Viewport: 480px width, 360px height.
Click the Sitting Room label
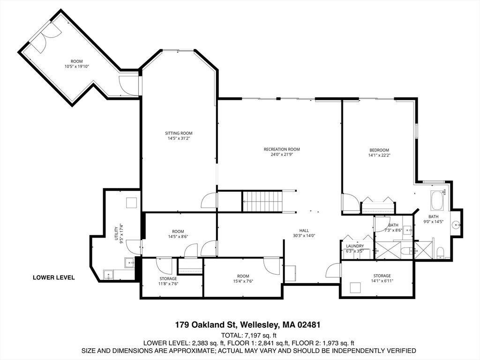click(x=179, y=133)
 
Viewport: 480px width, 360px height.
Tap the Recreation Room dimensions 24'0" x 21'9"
click(x=282, y=155)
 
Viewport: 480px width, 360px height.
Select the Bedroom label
click(x=379, y=150)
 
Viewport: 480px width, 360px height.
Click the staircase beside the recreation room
click(x=262, y=201)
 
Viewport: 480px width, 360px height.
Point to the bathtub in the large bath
click(x=436, y=201)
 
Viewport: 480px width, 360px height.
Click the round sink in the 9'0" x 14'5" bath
click(x=457, y=225)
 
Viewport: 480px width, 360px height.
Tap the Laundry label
click(x=355, y=246)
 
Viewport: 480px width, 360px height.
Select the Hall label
click(x=304, y=231)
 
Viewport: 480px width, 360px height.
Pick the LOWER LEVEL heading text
click(x=53, y=277)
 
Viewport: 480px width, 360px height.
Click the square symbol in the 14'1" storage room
click(x=355, y=288)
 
